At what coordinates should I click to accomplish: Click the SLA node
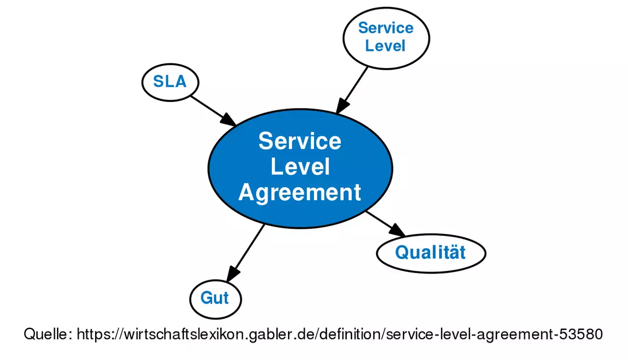click(170, 82)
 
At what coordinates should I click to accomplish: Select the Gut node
click(215, 298)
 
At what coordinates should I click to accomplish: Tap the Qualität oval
click(431, 253)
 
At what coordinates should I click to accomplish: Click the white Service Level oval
click(386, 37)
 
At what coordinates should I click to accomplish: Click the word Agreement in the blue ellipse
click(300, 192)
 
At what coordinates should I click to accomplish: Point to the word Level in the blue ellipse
click(300, 167)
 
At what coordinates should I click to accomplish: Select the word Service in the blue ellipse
click(300, 141)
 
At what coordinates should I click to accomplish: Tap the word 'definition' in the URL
click(349, 334)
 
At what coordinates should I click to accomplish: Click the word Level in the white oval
click(386, 46)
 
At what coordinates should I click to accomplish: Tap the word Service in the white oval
click(386, 28)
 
